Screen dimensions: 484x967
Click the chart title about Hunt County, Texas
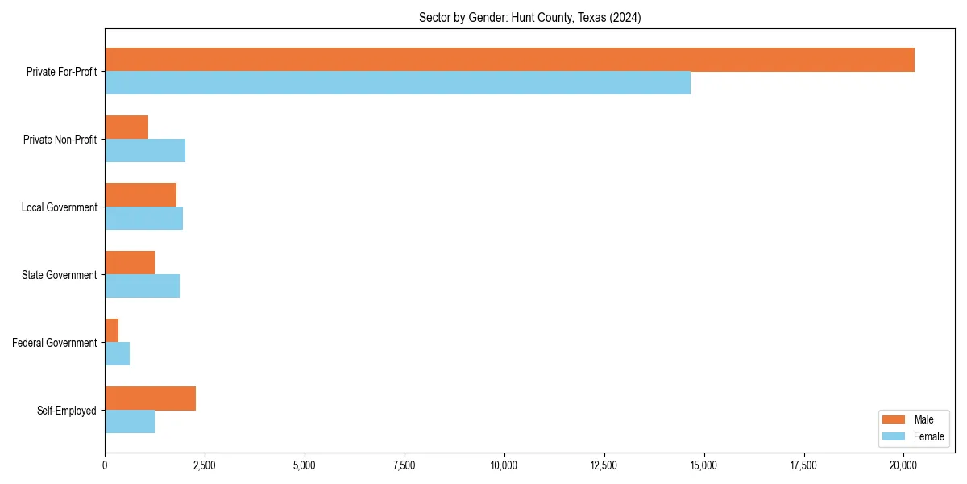[x=529, y=18]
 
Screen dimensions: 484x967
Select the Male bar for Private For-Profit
[x=509, y=60]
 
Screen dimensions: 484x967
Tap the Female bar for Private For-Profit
[x=397, y=83]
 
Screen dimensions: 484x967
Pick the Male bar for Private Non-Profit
[x=127, y=127]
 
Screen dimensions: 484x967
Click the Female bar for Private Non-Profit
[x=145, y=151]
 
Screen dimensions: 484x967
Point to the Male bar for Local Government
[x=140, y=195]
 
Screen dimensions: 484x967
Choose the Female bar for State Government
[x=142, y=286]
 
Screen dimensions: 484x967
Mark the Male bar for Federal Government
[x=111, y=330]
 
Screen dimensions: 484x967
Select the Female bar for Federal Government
[x=117, y=354]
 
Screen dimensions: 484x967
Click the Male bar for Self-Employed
[x=150, y=398]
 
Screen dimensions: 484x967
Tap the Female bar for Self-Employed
[x=130, y=422]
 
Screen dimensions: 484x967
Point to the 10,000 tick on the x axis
[x=504, y=465]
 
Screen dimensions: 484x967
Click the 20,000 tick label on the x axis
[x=903, y=465]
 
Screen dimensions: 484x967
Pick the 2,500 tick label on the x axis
[x=204, y=465]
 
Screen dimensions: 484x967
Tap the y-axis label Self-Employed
[x=66, y=411]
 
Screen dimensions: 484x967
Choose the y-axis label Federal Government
[x=55, y=343]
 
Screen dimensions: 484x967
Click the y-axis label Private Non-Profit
[x=60, y=140]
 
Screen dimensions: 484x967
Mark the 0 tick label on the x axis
[x=105, y=465]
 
